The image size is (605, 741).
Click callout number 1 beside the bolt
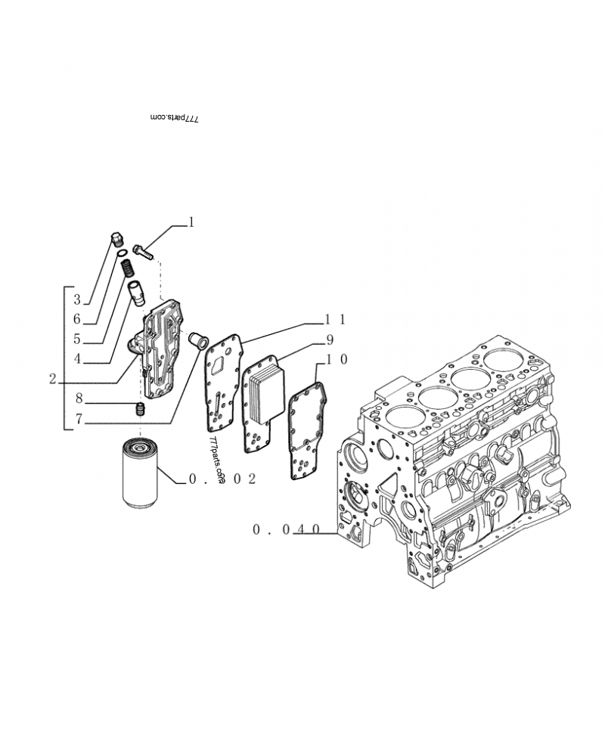click(x=191, y=222)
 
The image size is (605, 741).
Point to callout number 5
click(x=77, y=339)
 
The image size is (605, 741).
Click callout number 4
click(x=77, y=358)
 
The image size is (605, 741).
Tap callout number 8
click(x=77, y=398)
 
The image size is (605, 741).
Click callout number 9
click(x=330, y=339)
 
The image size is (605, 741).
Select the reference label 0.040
click(x=287, y=531)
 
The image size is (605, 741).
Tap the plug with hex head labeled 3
click(x=116, y=240)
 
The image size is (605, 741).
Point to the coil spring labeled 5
click(x=128, y=268)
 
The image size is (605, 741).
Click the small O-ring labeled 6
click(x=121, y=254)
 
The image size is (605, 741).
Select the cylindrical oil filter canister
click(x=141, y=473)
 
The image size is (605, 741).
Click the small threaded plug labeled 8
click(x=140, y=410)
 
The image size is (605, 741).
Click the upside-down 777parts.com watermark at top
click(x=175, y=119)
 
